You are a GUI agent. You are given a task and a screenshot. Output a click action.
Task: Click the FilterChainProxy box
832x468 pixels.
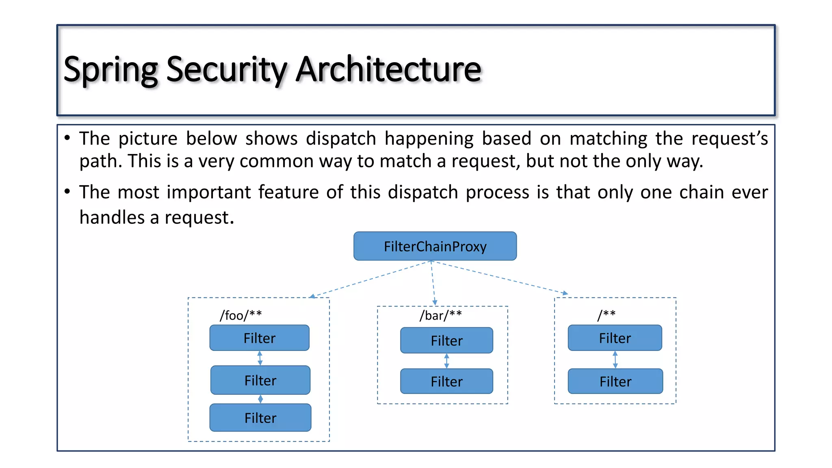(x=435, y=246)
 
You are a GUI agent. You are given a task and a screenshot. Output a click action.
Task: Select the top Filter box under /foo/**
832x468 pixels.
(x=259, y=338)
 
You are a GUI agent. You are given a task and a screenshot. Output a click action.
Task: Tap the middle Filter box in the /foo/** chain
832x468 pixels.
(x=260, y=380)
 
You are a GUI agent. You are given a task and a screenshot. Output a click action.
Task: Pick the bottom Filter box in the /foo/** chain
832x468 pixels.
(x=260, y=418)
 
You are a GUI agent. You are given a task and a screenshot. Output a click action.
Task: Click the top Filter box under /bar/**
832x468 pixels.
(x=446, y=340)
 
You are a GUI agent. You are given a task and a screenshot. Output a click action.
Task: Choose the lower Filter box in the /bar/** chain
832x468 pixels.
(x=446, y=381)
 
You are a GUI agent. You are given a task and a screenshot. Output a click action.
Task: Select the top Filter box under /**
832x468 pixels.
(x=615, y=338)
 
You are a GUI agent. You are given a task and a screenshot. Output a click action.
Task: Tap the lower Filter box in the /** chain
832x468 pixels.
(x=615, y=381)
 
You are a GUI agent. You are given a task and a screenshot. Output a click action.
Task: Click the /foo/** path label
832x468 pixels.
(x=240, y=315)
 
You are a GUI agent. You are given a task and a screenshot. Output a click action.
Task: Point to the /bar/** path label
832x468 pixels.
(x=440, y=315)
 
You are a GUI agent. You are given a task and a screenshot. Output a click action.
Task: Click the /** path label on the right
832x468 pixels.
(x=606, y=314)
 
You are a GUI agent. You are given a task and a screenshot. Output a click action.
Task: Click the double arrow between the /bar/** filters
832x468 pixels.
(x=446, y=361)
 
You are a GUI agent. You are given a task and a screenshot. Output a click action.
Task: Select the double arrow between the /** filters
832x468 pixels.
(x=615, y=360)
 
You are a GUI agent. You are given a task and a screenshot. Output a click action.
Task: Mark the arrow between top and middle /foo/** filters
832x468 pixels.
(x=260, y=358)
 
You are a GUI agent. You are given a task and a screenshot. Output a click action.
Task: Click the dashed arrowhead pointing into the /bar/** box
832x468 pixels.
(x=435, y=303)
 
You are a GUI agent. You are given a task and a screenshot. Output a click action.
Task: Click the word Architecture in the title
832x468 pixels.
(x=388, y=69)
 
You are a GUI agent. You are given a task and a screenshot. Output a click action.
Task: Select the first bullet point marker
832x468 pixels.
(x=67, y=138)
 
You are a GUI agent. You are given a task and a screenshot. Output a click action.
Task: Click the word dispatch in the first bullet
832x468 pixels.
(x=340, y=138)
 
